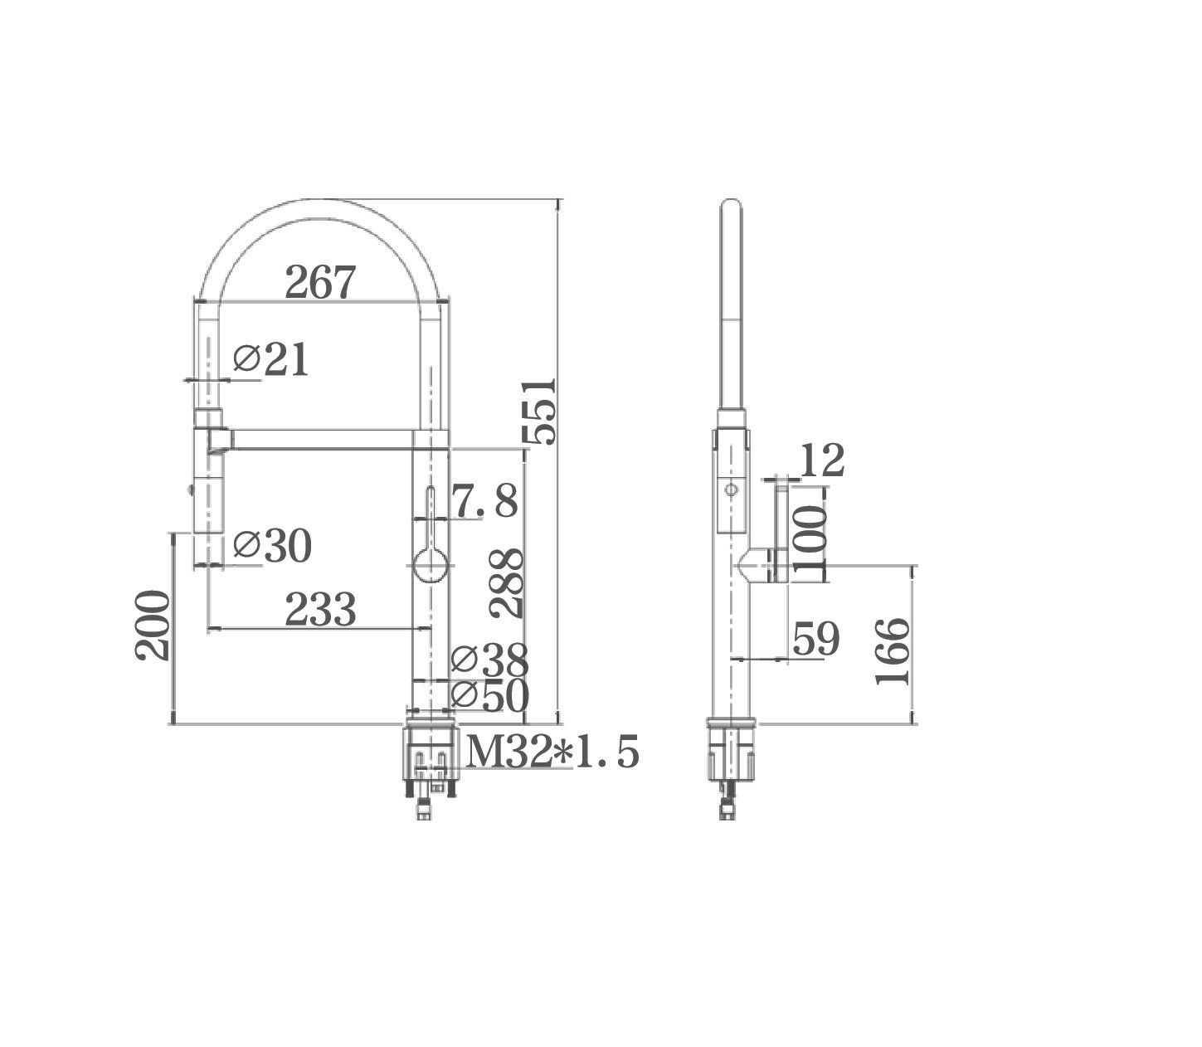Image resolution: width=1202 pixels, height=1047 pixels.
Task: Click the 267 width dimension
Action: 319,284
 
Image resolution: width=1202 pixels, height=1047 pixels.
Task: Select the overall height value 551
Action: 539,411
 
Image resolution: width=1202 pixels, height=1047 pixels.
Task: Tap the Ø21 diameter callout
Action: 271,360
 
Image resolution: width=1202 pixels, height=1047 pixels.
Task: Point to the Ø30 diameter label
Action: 272,546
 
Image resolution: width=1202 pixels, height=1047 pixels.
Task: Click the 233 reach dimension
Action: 320,611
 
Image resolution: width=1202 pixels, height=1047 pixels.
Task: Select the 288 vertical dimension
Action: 505,582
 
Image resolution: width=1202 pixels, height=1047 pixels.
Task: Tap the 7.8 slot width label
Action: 484,501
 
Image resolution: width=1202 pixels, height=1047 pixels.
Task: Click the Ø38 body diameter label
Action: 489,660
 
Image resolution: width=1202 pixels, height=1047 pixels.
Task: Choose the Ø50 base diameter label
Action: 489,697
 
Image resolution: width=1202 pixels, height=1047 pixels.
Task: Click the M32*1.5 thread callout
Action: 553,752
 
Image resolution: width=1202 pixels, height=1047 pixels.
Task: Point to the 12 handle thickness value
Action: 822,461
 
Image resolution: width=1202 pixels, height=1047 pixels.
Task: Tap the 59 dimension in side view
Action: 816,639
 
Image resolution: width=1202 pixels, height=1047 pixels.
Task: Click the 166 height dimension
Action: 893,652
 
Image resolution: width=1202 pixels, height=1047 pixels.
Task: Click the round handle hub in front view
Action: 431,567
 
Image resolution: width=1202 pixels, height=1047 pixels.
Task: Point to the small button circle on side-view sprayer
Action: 730,489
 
